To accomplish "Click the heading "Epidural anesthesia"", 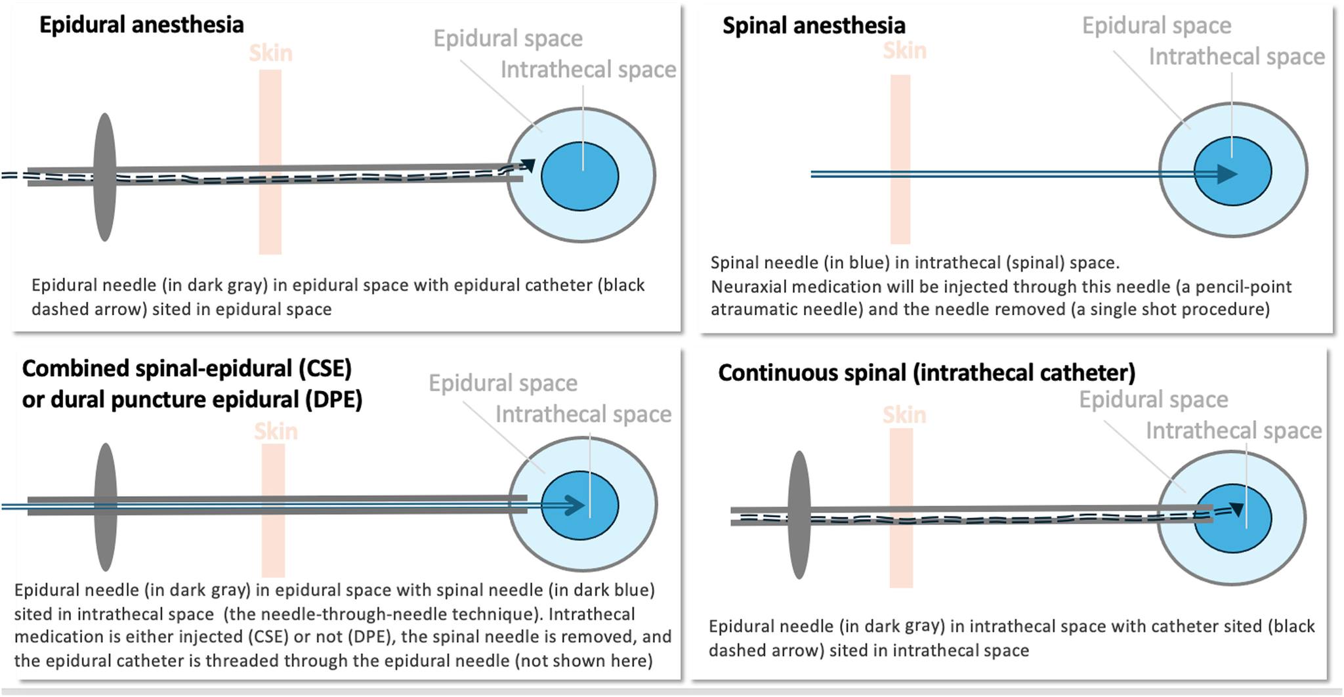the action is (142, 25).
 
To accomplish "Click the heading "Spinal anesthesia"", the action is (814, 26).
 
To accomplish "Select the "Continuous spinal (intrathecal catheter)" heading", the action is (927, 373).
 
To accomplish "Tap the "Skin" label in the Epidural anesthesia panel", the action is (270, 53).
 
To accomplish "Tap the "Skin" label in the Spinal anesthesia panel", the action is (904, 51).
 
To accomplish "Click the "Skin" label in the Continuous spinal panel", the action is (904, 415).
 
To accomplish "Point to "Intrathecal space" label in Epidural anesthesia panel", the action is (588, 70).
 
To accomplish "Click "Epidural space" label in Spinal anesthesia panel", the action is (1156, 26).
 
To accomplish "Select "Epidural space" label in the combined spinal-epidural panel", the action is (503, 383).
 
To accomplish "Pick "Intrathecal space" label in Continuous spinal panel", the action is (1234, 431).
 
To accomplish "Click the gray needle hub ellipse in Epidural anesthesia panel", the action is (105, 177).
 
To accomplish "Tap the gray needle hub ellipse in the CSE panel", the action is (106, 507).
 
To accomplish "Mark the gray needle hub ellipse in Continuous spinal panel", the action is (799, 515).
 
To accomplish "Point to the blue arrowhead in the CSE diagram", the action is (574, 505).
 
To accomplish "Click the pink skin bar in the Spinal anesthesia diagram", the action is (900, 159).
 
